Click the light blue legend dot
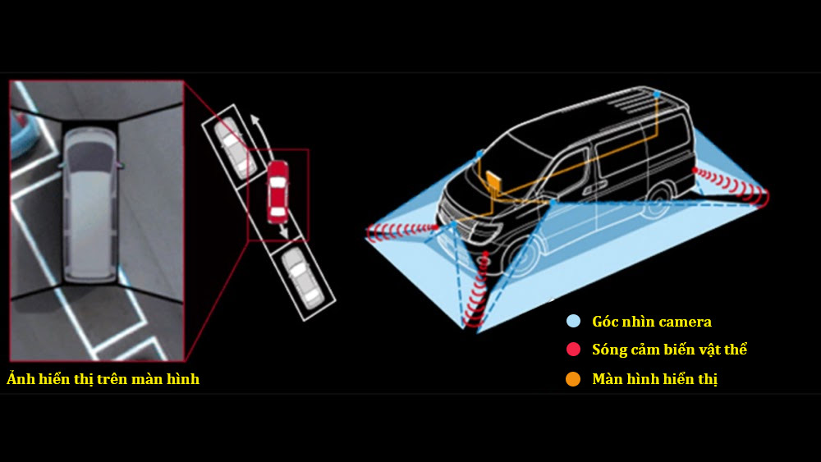573,321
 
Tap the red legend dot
573,350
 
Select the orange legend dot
573,379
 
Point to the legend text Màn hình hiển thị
654,379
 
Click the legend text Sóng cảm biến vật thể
669,350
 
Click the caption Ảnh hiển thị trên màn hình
103,379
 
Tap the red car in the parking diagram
277,192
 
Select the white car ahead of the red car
235,147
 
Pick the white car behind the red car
303,277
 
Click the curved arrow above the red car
261,135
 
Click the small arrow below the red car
283,230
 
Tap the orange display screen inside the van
494,183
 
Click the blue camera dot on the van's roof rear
657,94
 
